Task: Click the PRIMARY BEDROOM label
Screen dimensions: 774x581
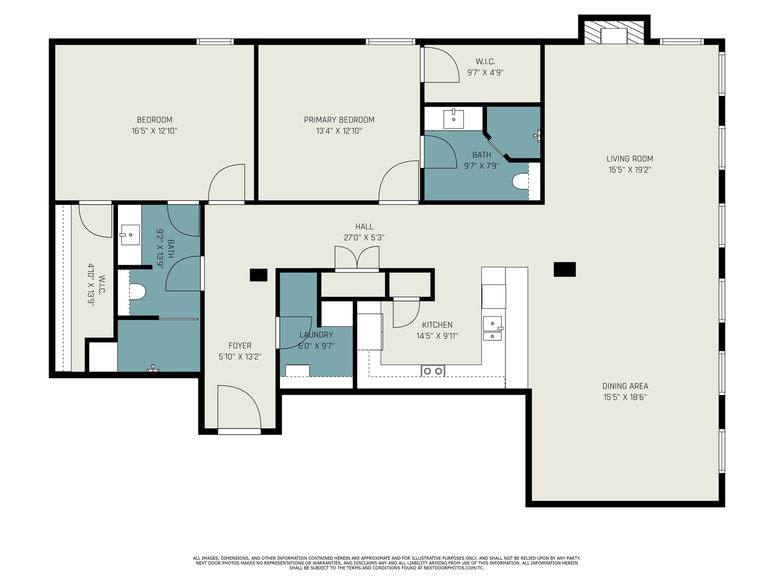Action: click(339, 120)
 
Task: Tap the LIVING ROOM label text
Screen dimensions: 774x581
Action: click(630, 159)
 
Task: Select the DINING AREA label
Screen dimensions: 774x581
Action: click(625, 386)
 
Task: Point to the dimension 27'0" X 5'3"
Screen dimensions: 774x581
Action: click(364, 238)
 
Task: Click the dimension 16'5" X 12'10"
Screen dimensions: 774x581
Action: click(154, 131)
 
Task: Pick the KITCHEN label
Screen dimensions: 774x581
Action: click(437, 325)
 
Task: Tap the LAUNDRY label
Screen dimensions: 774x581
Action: click(316, 335)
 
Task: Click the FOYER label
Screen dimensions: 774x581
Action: click(240, 346)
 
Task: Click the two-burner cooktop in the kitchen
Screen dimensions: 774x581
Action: click(433, 371)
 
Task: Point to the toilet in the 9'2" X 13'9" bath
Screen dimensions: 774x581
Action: click(137, 292)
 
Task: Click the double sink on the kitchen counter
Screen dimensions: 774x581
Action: click(493, 328)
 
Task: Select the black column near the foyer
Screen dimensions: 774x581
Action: click(258, 275)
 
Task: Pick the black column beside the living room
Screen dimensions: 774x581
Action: click(565, 270)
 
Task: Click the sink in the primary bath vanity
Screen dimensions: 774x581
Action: click(453, 119)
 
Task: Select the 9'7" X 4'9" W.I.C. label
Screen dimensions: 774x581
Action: click(485, 67)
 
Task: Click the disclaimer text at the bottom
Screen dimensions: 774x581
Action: click(387, 563)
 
